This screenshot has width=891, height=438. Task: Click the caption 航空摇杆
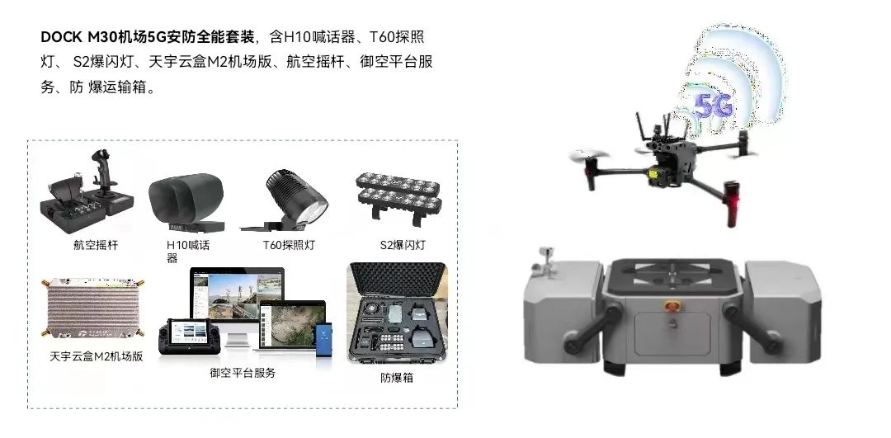pyautogui.click(x=96, y=245)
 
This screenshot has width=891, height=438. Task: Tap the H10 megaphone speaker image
pyautogui.click(x=186, y=202)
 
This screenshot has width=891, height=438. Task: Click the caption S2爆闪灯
pyautogui.click(x=403, y=245)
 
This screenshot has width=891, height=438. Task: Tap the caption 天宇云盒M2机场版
pyautogui.click(x=96, y=356)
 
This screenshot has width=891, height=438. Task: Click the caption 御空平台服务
pyautogui.click(x=243, y=373)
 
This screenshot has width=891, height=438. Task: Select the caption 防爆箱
pyautogui.click(x=397, y=378)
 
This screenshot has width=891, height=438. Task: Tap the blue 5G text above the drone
pyautogui.click(x=713, y=106)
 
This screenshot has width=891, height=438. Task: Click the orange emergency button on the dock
pyautogui.click(x=673, y=306)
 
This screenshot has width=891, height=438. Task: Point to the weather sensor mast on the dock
pyautogui.click(x=546, y=261)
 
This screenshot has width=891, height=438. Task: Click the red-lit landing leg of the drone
pyautogui.click(x=731, y=204)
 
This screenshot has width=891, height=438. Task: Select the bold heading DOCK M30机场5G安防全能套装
pyautogui.click(x=148, y=37)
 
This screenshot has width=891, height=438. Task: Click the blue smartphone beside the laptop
pyautogui.click(x=323, y=341)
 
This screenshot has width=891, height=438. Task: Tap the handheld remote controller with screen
pyautogui.click(x=188, y=337)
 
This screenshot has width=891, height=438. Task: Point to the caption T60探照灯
pyautogui.click(x=289, y=245)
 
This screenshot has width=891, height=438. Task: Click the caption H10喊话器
pyautogui.click(x=188, y=251)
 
